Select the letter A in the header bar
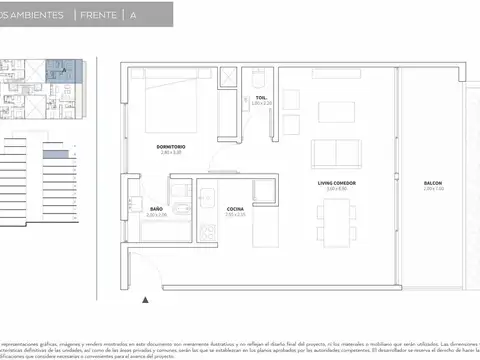point(133,16)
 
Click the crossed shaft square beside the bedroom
point(227,77)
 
